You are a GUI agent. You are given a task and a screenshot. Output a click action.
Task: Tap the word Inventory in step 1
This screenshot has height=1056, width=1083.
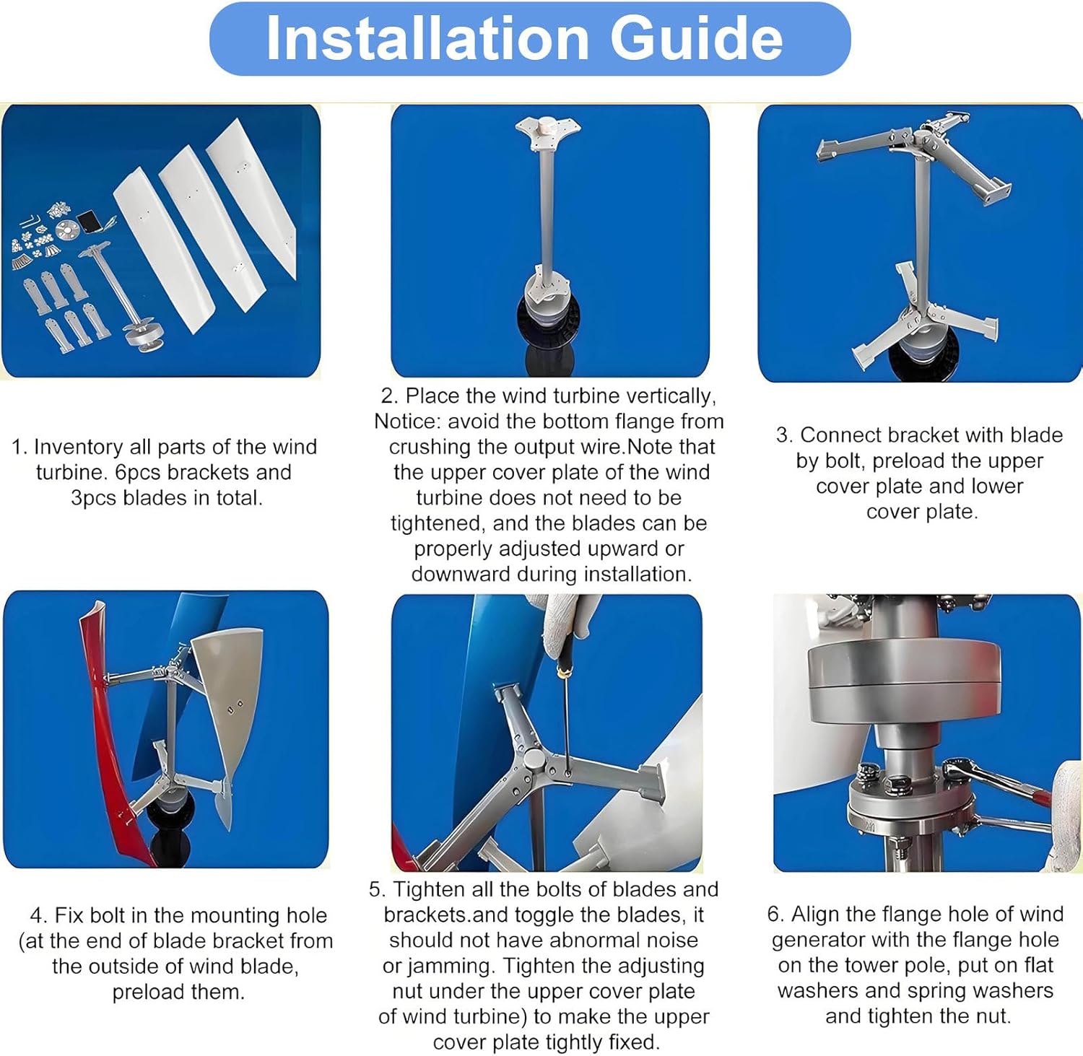pos(79,447)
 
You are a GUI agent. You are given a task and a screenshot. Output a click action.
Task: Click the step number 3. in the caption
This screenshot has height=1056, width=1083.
pos(785,435)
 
